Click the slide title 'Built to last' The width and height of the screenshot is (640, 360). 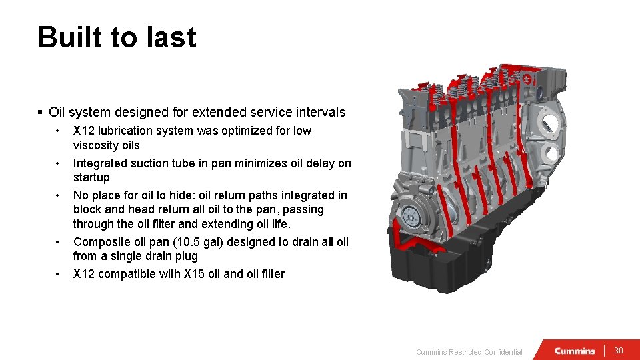point(117,37)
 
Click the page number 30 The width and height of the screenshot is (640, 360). point(618,351)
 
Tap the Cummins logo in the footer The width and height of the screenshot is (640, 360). point(575,351)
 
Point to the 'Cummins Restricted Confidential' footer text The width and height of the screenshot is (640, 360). point(469,352)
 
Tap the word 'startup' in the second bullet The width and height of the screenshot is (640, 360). point(91,177)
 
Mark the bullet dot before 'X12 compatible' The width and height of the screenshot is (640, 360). point(59,274)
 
